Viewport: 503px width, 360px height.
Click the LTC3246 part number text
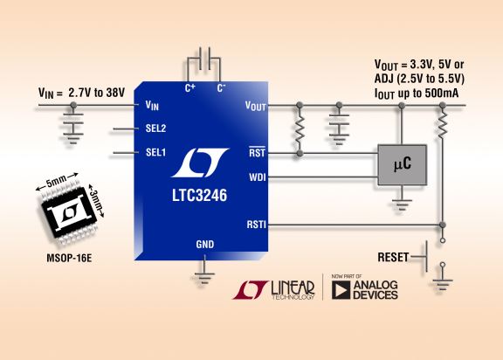[x=199, y=196]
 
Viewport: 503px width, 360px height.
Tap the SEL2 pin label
[x=155, y=128]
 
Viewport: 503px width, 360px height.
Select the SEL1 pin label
[x=155, y=152]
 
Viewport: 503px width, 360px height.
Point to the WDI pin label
[x=258, y=177]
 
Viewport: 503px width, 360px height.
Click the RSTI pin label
[x=257, y=225]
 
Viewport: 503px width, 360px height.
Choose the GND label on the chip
[x=205, y=245]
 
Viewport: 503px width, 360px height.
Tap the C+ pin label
[x=189, y=87]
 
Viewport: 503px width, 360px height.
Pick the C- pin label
[x=221, y=87]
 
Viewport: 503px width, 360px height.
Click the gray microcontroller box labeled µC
[x=403, y=165]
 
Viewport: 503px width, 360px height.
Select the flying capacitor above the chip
[x=204, y=59]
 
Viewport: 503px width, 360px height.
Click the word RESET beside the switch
[x=393, y=257]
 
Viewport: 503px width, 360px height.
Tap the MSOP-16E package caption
[x=69, y=258]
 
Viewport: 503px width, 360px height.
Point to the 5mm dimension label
[x=57, y=181]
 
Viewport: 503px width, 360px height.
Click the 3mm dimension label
[x=95, y=200]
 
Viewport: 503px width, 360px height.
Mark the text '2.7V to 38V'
[x=96, y=93]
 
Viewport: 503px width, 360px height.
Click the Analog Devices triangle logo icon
[x=341, y=290]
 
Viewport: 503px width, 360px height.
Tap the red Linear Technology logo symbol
[x=251, y=290]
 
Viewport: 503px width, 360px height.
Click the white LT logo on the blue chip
[x=200, y=163]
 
